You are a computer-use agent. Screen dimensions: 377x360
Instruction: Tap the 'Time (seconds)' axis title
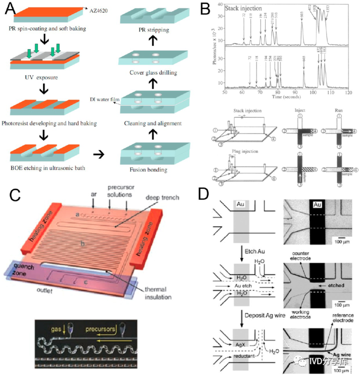click(287, 97)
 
